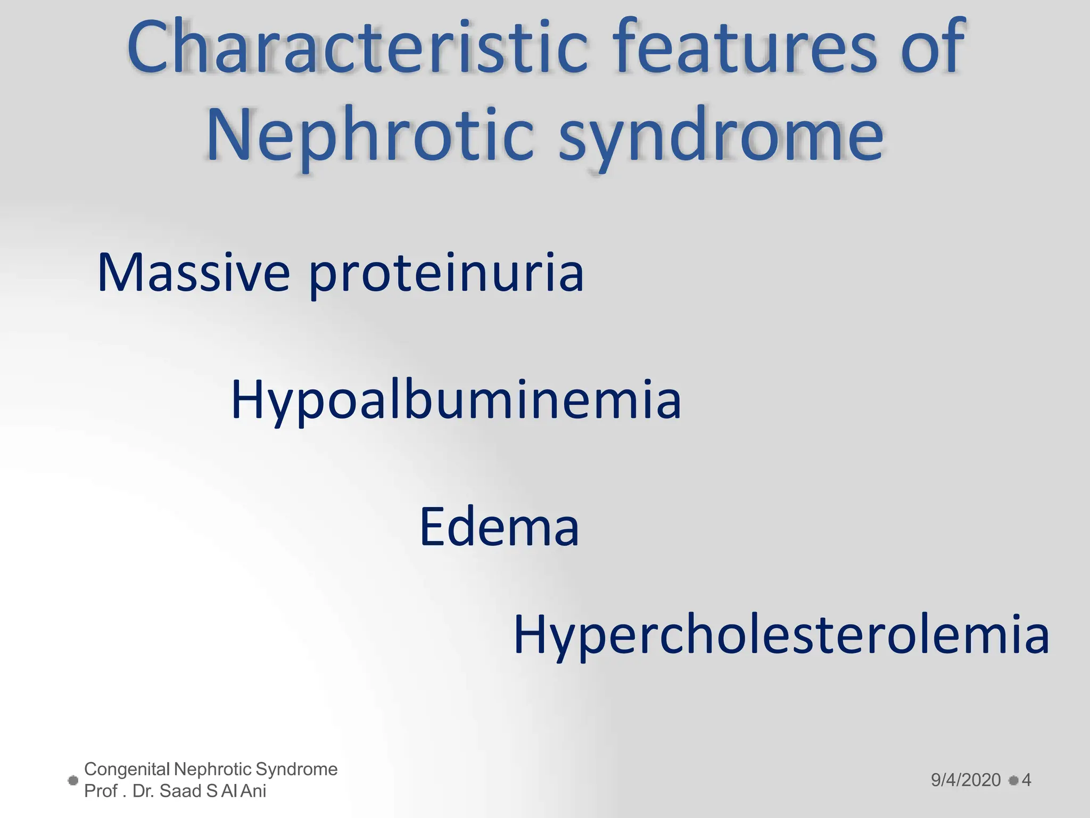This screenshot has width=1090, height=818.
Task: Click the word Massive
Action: pos(193,273)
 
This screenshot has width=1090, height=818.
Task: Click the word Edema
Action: pos(499,527)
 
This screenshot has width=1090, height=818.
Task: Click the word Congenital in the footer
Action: pos(127,770)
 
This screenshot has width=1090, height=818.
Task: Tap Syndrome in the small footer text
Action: pos(296,770)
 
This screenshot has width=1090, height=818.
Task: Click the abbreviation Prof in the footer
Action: pos(101,791)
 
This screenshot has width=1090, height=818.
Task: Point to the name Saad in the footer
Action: pos(181,791)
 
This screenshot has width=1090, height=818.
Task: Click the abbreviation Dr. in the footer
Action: pos(143,791)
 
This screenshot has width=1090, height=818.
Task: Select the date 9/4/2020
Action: pos(965,780)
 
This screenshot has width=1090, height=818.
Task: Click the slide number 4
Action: pos(1026,780)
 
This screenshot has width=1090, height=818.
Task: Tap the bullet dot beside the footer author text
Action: pos(73,781)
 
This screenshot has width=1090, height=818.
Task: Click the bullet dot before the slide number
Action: pos(1013,781)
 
